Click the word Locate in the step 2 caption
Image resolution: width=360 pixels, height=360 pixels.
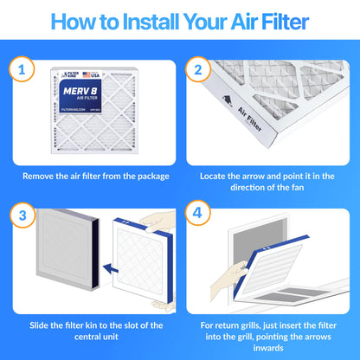tap(216, 175)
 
